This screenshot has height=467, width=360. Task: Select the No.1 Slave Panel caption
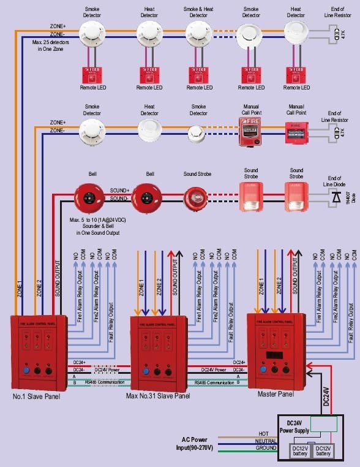(x=36, y=397)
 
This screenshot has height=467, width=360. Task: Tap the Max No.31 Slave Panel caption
(x=158, y=397)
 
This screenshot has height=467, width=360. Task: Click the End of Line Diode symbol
(x=335, y=198)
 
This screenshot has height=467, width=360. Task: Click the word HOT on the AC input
(x=263, y=433)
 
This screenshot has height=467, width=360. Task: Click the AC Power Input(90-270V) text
(x=198, y=444)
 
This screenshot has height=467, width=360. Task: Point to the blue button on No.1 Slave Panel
(x=27, y=370)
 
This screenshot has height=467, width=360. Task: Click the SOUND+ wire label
(x=119, y=191)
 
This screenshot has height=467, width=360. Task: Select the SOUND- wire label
(x=119, y=198)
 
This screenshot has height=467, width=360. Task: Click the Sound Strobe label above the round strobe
(x=197, y=174)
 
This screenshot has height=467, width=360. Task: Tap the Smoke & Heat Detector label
(x=198, y=12)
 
